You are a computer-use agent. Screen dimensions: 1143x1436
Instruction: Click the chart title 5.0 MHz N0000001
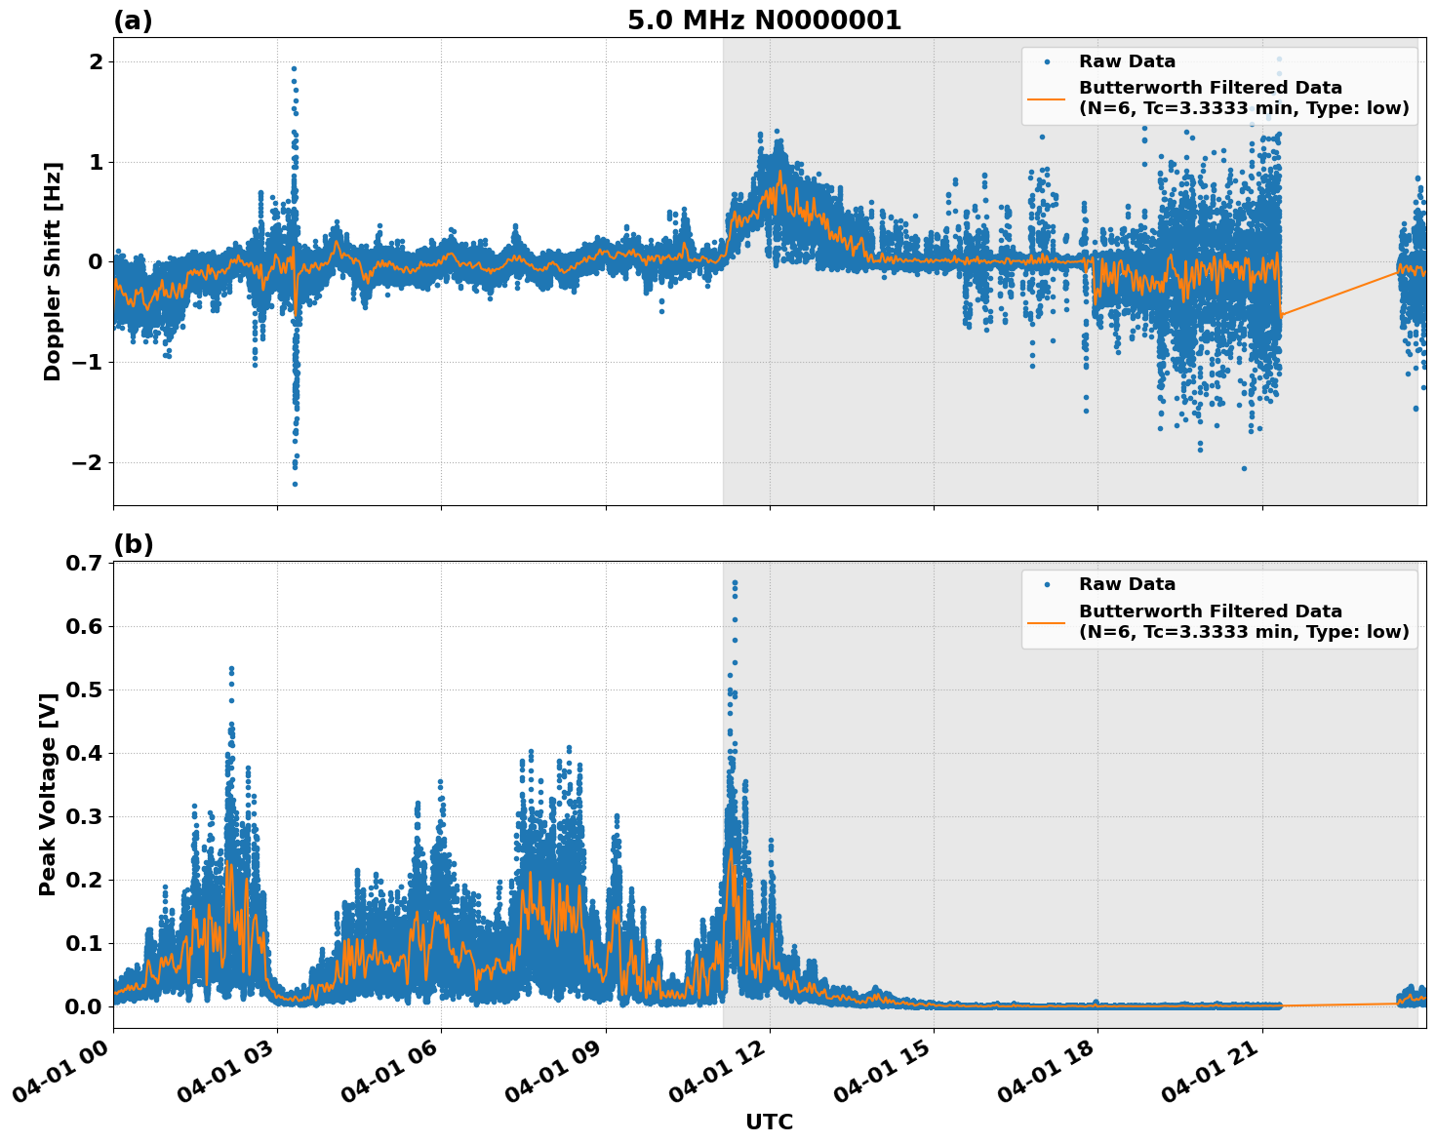pyautogui.click(x=764, y=20)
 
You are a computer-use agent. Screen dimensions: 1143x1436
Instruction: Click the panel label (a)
pyautogui.click(x=133, y=20)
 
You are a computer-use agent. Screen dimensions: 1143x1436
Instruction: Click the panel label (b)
pyautogui.click(x=133, y=544)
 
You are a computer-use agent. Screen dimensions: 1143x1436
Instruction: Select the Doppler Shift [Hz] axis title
pyautogui.click(x=53, y=271)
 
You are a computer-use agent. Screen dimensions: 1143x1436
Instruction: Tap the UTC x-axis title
pyautogui.click(x=769, y=1122)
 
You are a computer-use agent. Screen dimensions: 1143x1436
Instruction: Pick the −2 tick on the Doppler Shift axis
pyautogui.click(x=86, y=462)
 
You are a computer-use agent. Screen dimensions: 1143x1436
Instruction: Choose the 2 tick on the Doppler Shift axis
pyautogui.click(x=97, y=61)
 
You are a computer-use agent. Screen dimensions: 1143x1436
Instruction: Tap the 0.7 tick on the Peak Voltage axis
pyautogui.click(x=84, y=563)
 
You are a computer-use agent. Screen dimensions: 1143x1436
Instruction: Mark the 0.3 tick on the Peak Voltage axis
pyautogui.click(x=84, y=816)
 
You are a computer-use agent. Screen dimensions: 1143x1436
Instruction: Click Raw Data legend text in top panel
pyautogui.click(x=1127, y=61)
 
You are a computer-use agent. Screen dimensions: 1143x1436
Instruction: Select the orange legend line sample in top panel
pyautogui.click(x=1046, y=99)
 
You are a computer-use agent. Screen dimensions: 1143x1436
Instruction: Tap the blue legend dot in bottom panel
pyautogui.click(x=1047, y=585)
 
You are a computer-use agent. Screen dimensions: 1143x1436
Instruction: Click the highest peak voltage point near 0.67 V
pyautogui.click(x=735, y=583)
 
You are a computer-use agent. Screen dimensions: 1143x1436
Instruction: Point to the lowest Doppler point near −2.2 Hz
pyautogui.click(x=295, y=484)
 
